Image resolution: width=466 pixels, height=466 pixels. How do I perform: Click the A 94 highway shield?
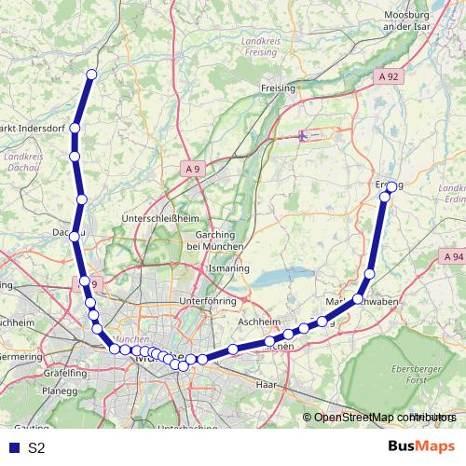[x=454, y=256]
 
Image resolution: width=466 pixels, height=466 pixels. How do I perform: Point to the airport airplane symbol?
[x=302, y=136]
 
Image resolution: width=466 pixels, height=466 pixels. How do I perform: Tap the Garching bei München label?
[x=215, y=240]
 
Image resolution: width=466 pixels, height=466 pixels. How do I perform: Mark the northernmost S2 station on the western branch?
[x=91, y=75]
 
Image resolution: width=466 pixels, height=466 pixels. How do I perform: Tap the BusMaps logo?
[x=421, y=447]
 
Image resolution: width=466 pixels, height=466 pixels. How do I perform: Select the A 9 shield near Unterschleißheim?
[x=192, y=169]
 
